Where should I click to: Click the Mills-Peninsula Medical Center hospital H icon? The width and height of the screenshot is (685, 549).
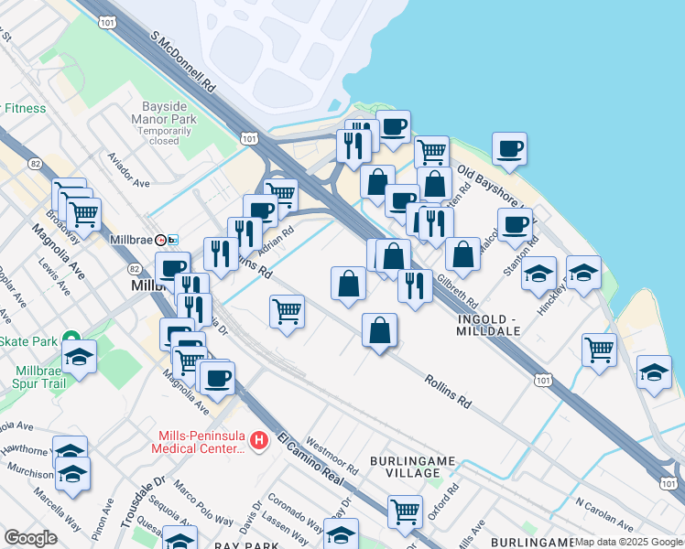point(259,441)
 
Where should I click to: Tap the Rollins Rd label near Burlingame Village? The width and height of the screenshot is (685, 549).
point(447,390)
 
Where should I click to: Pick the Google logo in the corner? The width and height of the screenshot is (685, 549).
point(30,538)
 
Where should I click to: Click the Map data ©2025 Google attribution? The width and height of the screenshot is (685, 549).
point(629,542)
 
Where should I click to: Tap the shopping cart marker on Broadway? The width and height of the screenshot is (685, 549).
point(83,215)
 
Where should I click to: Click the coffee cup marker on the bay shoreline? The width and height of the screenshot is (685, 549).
point(509,148)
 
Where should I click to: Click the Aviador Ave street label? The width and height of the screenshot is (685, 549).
point(129,170)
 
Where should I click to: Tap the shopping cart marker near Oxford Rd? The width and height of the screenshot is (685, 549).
point(404,511)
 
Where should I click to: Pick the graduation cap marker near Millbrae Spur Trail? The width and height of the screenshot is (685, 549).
point(80,355)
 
